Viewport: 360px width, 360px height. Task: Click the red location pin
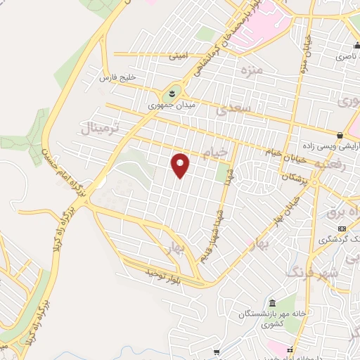tap(181, 165)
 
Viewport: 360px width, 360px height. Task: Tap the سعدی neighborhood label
tap(233, 108)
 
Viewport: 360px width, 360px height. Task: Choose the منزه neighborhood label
tap(250, 70)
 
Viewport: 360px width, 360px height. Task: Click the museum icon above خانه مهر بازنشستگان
tap(251, 302)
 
